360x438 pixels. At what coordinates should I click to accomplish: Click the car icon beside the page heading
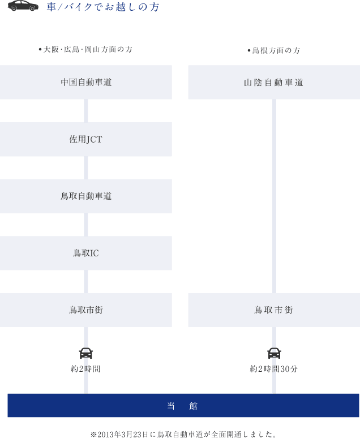pos(23,6)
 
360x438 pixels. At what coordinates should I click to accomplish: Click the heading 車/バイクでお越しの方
pos(103,7)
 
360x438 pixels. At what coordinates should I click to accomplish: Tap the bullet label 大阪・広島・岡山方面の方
pos(85,49)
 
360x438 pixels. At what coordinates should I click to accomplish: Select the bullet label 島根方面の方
pos(273,50)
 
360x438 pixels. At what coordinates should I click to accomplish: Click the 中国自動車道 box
pos(86,82)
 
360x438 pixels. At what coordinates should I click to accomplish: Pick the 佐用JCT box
pos(86,139)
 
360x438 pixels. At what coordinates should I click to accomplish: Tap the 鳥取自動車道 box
pos(86,196)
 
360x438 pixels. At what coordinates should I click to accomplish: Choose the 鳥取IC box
pos(86,253)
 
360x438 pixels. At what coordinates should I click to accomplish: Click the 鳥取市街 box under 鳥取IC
pos(86,310)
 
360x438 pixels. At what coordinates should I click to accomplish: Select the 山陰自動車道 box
pos(274,82)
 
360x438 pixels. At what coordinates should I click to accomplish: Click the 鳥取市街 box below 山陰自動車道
pos(274,310)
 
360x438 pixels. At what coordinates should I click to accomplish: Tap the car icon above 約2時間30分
pos(274,353)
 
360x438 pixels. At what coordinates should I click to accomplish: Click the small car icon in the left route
pos(86,353)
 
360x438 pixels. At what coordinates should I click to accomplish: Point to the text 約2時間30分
pos(274,369)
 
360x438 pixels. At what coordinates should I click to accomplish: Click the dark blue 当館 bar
pos(183,405)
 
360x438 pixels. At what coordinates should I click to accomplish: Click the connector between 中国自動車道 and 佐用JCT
pos(86,110)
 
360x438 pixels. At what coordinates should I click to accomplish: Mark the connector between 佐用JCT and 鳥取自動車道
pos(86,168)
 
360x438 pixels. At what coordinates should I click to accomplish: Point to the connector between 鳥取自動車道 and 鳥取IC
pos(86,225)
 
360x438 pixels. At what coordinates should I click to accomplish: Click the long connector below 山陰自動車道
pos(274,196)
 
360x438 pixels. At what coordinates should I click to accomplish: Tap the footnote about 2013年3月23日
pos(183,434)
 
